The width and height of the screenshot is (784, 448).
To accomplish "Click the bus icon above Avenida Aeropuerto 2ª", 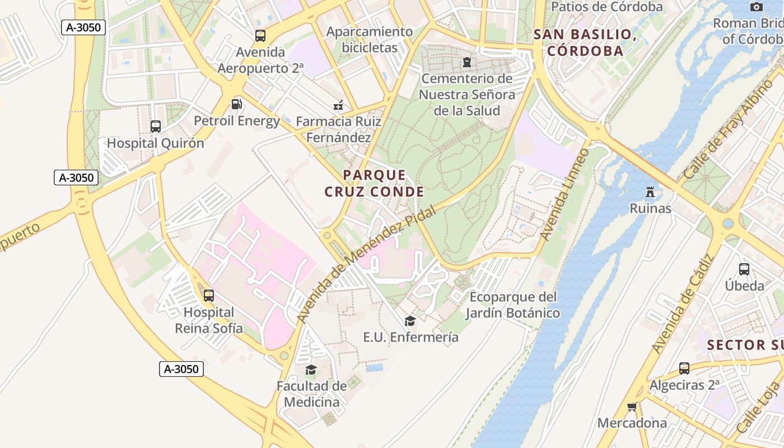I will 260,36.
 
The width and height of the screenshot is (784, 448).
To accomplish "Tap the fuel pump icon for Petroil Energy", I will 237,104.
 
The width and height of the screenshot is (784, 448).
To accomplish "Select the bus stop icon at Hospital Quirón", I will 156,127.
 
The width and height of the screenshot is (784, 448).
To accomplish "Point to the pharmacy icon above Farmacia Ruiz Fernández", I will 338,105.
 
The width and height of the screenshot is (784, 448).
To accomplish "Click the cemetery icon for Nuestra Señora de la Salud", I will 466,62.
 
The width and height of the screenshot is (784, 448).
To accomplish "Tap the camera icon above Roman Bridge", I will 757,7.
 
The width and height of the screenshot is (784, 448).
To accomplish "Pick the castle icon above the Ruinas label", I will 650,192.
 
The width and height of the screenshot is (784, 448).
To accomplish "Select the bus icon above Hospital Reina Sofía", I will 209,295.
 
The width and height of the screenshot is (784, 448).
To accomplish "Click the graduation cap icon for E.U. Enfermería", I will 410,321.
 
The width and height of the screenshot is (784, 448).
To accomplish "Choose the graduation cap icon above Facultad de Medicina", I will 311,370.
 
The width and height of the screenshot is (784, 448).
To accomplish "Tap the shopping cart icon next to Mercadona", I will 632,407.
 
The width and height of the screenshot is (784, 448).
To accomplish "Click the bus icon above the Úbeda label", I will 744,269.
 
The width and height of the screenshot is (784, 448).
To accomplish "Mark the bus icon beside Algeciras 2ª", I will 684,368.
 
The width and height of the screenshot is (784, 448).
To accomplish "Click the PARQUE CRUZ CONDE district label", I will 374,184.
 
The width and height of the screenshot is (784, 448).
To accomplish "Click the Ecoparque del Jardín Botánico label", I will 513,305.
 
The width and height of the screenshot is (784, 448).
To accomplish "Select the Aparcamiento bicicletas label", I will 370,40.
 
